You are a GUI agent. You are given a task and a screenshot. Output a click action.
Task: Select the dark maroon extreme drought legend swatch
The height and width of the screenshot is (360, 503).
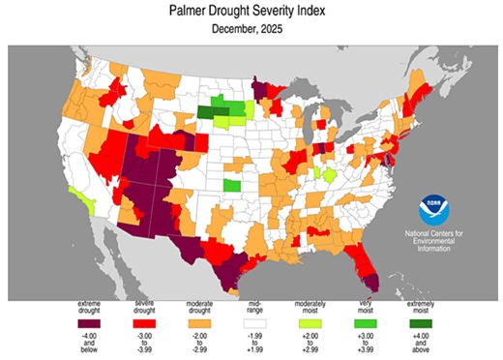[x=92, y=321]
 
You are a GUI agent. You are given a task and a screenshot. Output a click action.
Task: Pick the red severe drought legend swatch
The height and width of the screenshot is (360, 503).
[x=145, y=321]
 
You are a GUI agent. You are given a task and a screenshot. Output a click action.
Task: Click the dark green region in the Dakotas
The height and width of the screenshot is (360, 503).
[x=208, y=111]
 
